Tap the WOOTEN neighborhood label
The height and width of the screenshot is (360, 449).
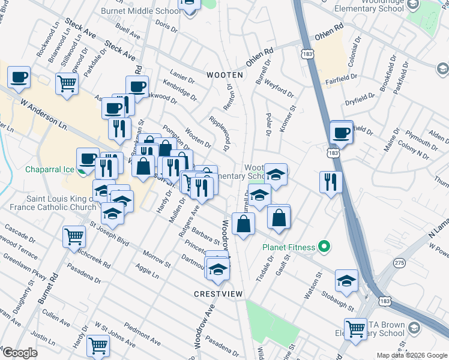coord(225,75)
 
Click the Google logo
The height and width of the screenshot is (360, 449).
coord(19,353)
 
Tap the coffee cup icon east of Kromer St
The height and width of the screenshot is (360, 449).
coord(342,133)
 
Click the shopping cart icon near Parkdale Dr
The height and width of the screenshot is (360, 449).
coord(67,83)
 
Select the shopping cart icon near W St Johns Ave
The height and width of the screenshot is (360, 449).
coord(97,345)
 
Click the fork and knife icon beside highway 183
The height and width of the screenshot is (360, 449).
coord(330,181)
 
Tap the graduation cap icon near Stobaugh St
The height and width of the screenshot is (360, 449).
coord(347,279)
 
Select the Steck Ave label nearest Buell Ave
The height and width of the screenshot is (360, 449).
coord(120,51)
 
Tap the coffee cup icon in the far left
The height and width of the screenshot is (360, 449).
coord(19,77)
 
